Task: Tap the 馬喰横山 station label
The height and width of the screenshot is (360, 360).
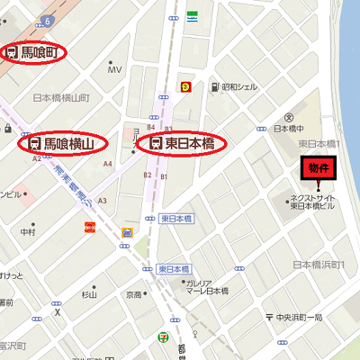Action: [63, 143]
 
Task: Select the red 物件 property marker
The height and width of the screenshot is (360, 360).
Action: [319, 168]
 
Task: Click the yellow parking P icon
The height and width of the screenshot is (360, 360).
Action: [186, 86]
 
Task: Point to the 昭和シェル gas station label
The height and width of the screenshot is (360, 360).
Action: [239, 87]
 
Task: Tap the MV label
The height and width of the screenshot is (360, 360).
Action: [114, 69]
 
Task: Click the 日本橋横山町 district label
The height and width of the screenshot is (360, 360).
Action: [61, 97]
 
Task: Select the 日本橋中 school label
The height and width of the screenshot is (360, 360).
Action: [289, 129]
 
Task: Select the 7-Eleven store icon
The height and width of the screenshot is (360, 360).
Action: [162, 337]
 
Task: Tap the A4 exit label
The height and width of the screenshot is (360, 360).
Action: [108, 164]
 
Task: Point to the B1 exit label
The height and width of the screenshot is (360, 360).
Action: [164, 177]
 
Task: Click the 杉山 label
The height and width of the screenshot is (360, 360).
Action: [88, 294]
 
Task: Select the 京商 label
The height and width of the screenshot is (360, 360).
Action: [133, 294]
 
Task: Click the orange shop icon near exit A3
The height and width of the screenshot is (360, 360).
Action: [90, 227]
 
